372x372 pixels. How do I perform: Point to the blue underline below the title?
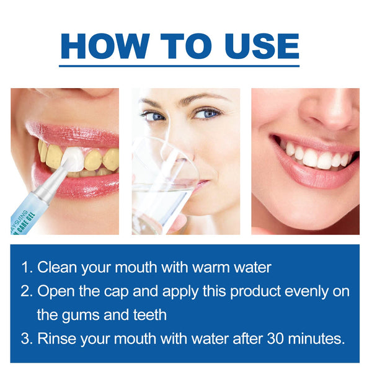pyautogui.click(x=179, y=64)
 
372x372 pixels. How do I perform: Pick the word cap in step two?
pyautogui.click(x=108, y=291)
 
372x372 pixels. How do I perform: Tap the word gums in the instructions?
pyautogui.click(x=84, y=314)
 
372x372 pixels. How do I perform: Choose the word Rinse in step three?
pyautogui.click(x=58, y=339)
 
